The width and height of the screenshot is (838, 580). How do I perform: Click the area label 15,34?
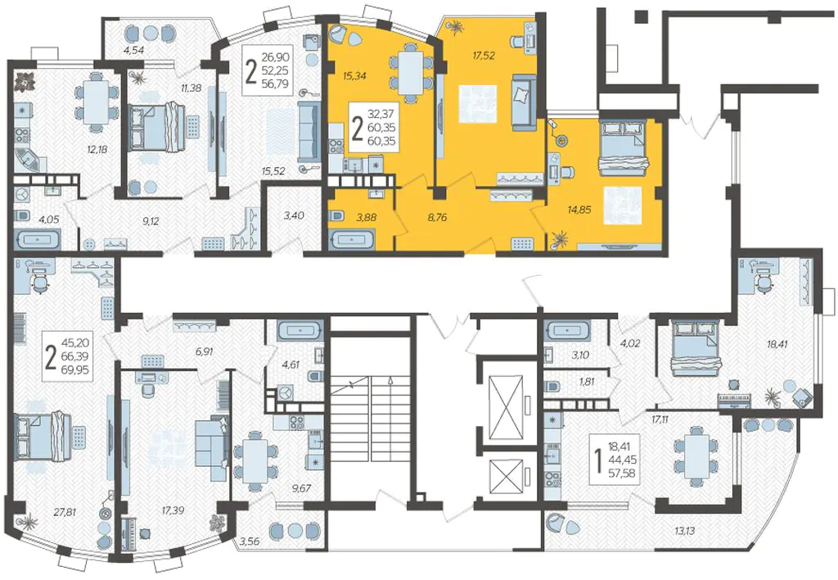point(354,76)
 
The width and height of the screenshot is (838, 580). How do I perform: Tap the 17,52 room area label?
point(483,55)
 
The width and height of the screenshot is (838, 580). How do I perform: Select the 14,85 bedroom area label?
point(579,210)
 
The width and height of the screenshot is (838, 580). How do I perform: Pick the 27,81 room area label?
point(64,512)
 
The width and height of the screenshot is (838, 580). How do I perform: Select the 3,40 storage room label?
point(294,215)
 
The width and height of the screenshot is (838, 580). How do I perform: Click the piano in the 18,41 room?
point(736,401)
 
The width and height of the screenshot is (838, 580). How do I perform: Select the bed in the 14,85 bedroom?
point(624,147)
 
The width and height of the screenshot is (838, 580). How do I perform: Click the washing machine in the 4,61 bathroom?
point(286,392)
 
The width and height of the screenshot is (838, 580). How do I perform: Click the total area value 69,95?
point(78,370)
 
